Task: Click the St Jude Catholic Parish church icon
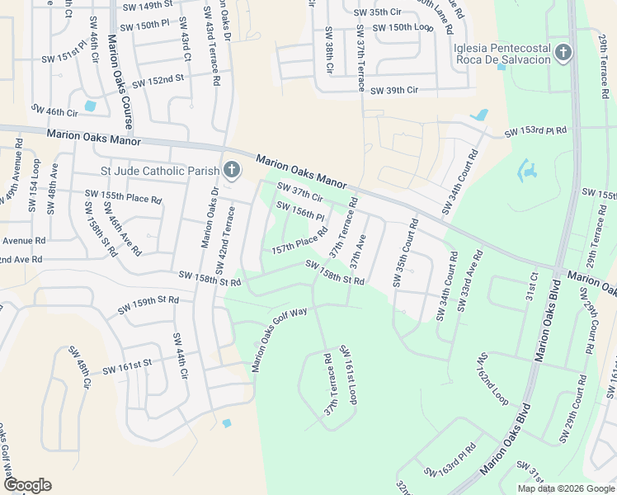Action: (x=232, y=171)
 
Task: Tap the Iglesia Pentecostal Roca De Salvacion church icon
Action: (x=563, y=54)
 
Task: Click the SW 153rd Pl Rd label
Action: (x=536, y=131)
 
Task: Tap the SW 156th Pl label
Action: (x=300, y=212)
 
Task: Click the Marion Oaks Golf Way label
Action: (x=280, y=337)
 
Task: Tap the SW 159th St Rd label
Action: (x=148, y=305)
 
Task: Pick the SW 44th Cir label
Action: (x=179, y=356)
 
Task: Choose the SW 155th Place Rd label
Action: (x=123, y=197)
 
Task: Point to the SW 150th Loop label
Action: (x=403, y=28)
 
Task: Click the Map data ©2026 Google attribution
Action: (x=566, y=488)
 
